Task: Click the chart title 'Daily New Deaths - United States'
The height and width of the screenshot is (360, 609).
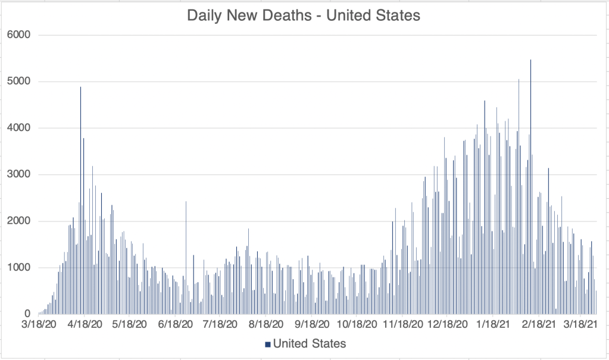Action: pyautogui.click(x=304, y=15)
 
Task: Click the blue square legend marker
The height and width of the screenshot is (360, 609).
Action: pyautogui.click(x=268, y=344)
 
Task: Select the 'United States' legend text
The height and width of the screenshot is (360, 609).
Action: pyautogui.click(x=310, y=343)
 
